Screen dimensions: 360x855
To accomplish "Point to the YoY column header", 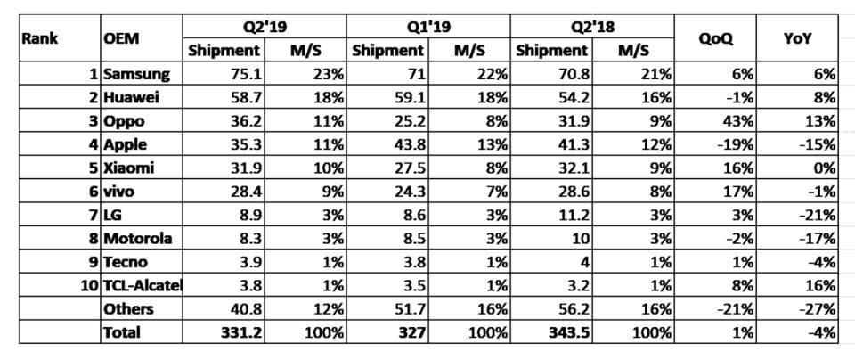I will point(795,38).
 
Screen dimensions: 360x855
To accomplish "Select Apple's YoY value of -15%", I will point(818,143).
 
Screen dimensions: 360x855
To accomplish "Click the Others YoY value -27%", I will point(818,308).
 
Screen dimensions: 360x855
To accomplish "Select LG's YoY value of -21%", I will point(818,214).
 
